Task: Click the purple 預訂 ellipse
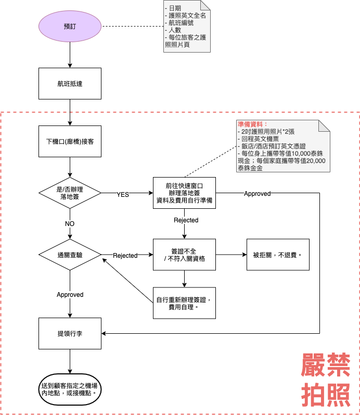[x=70, y=26]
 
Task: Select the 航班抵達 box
[x=70, y=83]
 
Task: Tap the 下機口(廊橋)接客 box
[x=70, y=141]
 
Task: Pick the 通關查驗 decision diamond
[x=70, y=255]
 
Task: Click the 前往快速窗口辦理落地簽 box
[x=184, y=193]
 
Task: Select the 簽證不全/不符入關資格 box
[x=184, y=255]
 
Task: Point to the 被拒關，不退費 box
[x=278, y=255]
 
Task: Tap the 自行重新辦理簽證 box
[x=184, y=303]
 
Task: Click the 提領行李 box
[x=70, y=333]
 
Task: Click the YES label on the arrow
[x=123, y=194]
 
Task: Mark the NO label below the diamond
[x=70, y=223]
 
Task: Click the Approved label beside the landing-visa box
[x=257, y=194]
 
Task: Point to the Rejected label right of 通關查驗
[x=125, y=256]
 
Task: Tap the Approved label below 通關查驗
[x=70, y=295]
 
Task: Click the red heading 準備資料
[x=252, y=124]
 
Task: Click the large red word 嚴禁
[x=326, y=366]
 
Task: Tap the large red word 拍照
[x=326, y=395]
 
